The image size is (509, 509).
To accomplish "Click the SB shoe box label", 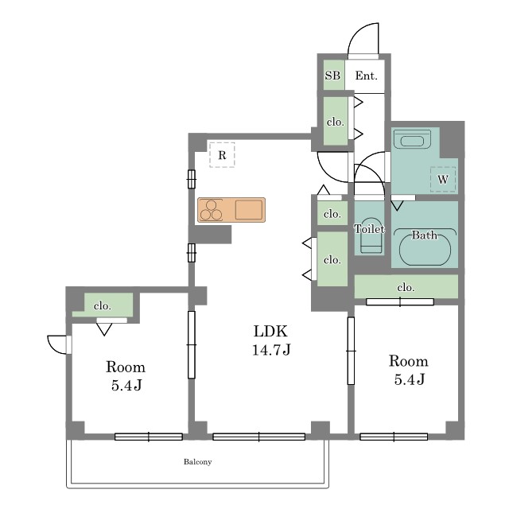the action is pyautogui.click(x=332, y=76).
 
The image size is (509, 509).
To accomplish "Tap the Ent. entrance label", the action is pyautogui.click(x=366, y=76).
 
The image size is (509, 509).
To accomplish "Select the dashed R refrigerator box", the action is pyautogui.click(x=222, y=155).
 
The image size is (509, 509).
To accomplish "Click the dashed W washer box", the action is pyautogui.click(x=443, y=179).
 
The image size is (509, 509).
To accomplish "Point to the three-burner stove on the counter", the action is pyautogui.click(x=211, y=210).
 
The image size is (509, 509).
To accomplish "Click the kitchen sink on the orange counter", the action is pyautogui.click(x=249, y=210).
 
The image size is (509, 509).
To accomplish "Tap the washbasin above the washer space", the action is pyautogui.click(x=412, y=139).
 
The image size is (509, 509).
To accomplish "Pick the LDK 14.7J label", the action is pyautogui.click(x=271, y=340).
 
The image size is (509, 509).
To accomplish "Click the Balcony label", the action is pyautogui.click(x=198, y=461).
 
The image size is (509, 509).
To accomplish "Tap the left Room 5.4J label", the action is pyautogui.click(x=126, y=376).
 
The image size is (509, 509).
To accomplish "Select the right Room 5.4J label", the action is pyautogui.click(x=409, y=370).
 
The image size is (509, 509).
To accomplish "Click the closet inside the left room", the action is pyautogui.click(x=103, y=305).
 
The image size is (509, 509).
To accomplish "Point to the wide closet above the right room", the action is pyautogui.click(x=406, y=286).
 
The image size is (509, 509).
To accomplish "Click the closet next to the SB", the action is pyautogui.click(x=336, y=122).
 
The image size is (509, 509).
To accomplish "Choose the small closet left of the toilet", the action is pyautogui.click(x=332, y=214).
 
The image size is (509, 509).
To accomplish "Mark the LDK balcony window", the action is pyautogui.click(x=258, y=437).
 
